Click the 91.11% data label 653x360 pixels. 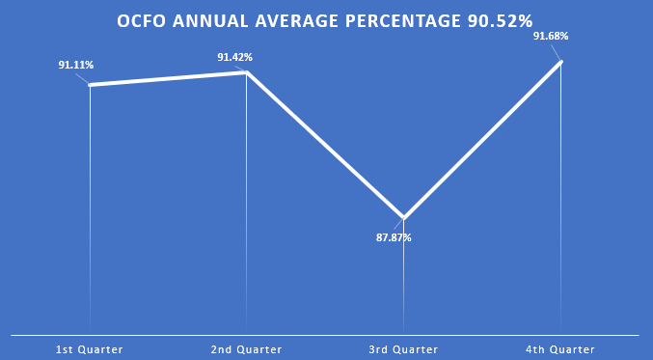point(75,66)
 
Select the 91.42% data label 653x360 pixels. point(234,57)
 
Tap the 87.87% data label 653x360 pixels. point(394,237)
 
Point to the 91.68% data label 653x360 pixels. point(551,37)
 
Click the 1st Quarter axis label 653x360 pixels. point(90,349)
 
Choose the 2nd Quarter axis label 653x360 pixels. point(246,349)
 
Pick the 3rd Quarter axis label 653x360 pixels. point(403,349)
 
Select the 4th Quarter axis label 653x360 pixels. point(560,349)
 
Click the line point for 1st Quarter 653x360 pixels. point(90,85)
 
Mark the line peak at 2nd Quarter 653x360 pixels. point(247,72)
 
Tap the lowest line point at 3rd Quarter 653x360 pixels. point(403,218)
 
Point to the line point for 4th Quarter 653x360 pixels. point(560,62)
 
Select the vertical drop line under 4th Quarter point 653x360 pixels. point(560,193)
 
